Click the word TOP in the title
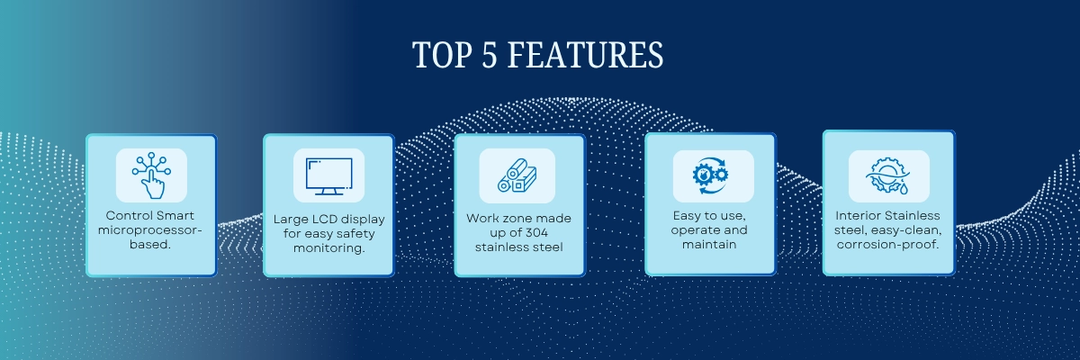[x=442, y=55]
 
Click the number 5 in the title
[x=489, y=55]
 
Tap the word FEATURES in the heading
[x=585, y=55]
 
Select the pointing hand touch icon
[x=151, y=175]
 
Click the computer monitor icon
[x=328, y=176]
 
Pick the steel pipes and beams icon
[x=517, y=175]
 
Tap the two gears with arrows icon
[x=711, y=175]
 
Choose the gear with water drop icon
[x=888, y=175]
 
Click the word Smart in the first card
[x=175, y=215]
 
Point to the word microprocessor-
[x=150, y=230]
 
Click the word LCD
[x=327, y=220]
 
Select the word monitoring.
[x=329, y=248]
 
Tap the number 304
[x=536, y=233]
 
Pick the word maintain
[x=709, y=244]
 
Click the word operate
[x=691, y=230]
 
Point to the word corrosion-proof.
[x=888, y=245]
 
